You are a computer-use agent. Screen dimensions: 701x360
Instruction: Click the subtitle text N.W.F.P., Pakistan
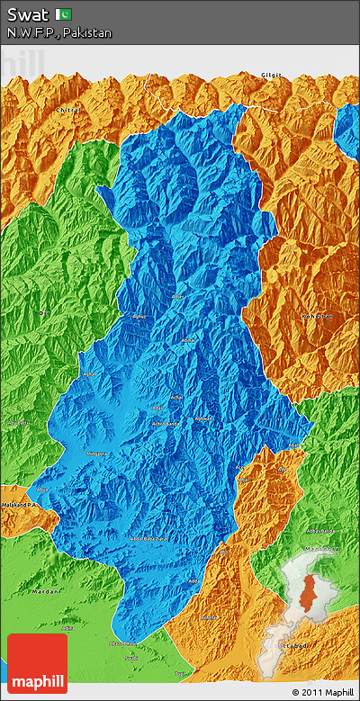[59, 32]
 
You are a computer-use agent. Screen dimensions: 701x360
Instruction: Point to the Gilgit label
[272, 75]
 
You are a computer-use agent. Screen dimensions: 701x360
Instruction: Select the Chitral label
[68, 110]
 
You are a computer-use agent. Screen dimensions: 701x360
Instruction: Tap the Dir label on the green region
[42, 312]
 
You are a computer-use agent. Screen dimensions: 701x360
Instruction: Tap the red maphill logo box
[37, 663]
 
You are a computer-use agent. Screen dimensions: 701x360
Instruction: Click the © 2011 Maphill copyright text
[322, 692]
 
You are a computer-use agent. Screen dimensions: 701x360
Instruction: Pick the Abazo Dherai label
[122, 644]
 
